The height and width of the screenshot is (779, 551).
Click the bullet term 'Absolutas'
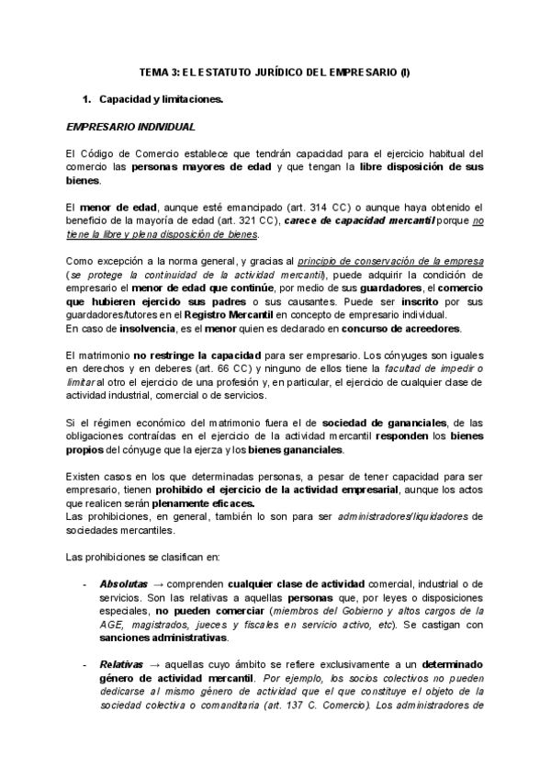pos(122,583)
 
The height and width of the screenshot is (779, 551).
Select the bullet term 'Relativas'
pos(121,663)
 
